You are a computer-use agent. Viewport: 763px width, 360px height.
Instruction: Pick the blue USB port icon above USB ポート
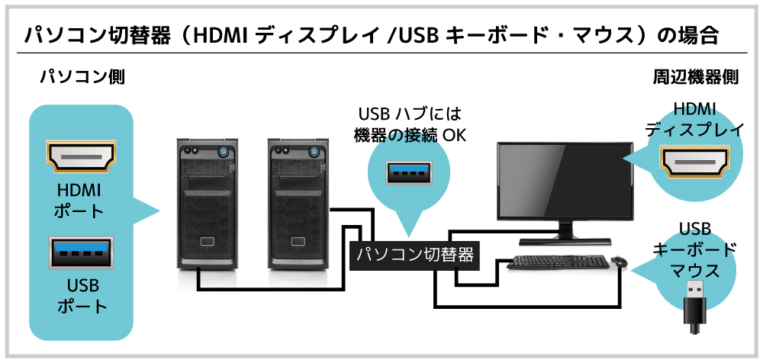click(81, 252)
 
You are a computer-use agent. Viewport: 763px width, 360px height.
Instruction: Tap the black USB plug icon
click(694, 306)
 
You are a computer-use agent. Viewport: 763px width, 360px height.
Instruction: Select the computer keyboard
click(557, 263)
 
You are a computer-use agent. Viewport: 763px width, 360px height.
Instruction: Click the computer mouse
click(619, 262)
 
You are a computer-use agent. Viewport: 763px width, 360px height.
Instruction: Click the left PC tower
click(205, 203)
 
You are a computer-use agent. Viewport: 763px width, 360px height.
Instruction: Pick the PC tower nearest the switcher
click(298, 203)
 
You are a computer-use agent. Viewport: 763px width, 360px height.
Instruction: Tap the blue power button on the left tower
click(224, 150)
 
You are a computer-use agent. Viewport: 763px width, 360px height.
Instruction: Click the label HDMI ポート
click(79, 201)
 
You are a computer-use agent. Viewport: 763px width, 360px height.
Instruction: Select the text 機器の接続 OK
click(410, 136)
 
